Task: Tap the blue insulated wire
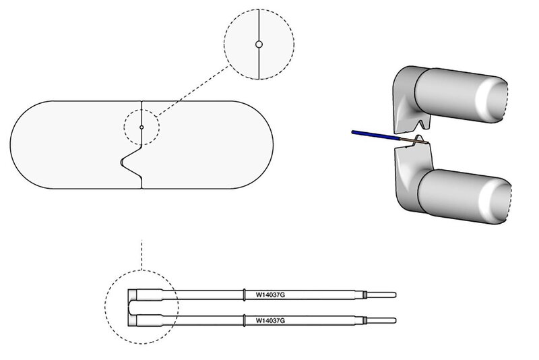[375, 136]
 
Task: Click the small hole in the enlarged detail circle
[259, 45]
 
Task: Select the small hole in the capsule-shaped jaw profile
[141, 127]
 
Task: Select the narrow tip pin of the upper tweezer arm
[383, 295]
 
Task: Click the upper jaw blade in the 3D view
[404, 108]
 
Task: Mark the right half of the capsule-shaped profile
[209, 145]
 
